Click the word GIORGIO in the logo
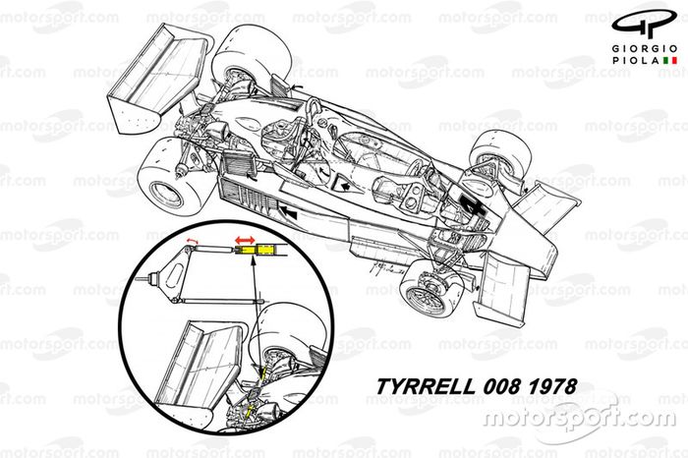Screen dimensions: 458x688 tap(638, 49)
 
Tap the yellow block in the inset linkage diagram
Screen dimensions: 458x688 tap(261, 253)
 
